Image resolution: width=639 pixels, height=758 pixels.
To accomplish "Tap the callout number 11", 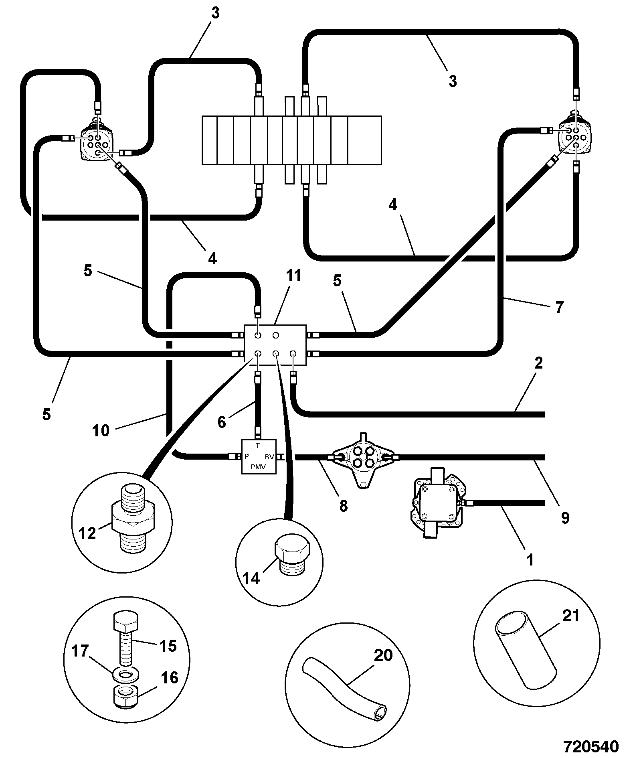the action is pos(294,276).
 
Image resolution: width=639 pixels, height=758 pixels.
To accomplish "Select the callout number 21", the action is pos(571,616).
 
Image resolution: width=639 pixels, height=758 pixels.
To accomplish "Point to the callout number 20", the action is pos(383,655).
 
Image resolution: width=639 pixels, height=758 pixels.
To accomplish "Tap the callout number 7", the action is pos(559,308).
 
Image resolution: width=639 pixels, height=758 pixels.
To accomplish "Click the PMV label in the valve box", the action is pos(259,466).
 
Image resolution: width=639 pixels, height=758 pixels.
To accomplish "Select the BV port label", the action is pos(269,457).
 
